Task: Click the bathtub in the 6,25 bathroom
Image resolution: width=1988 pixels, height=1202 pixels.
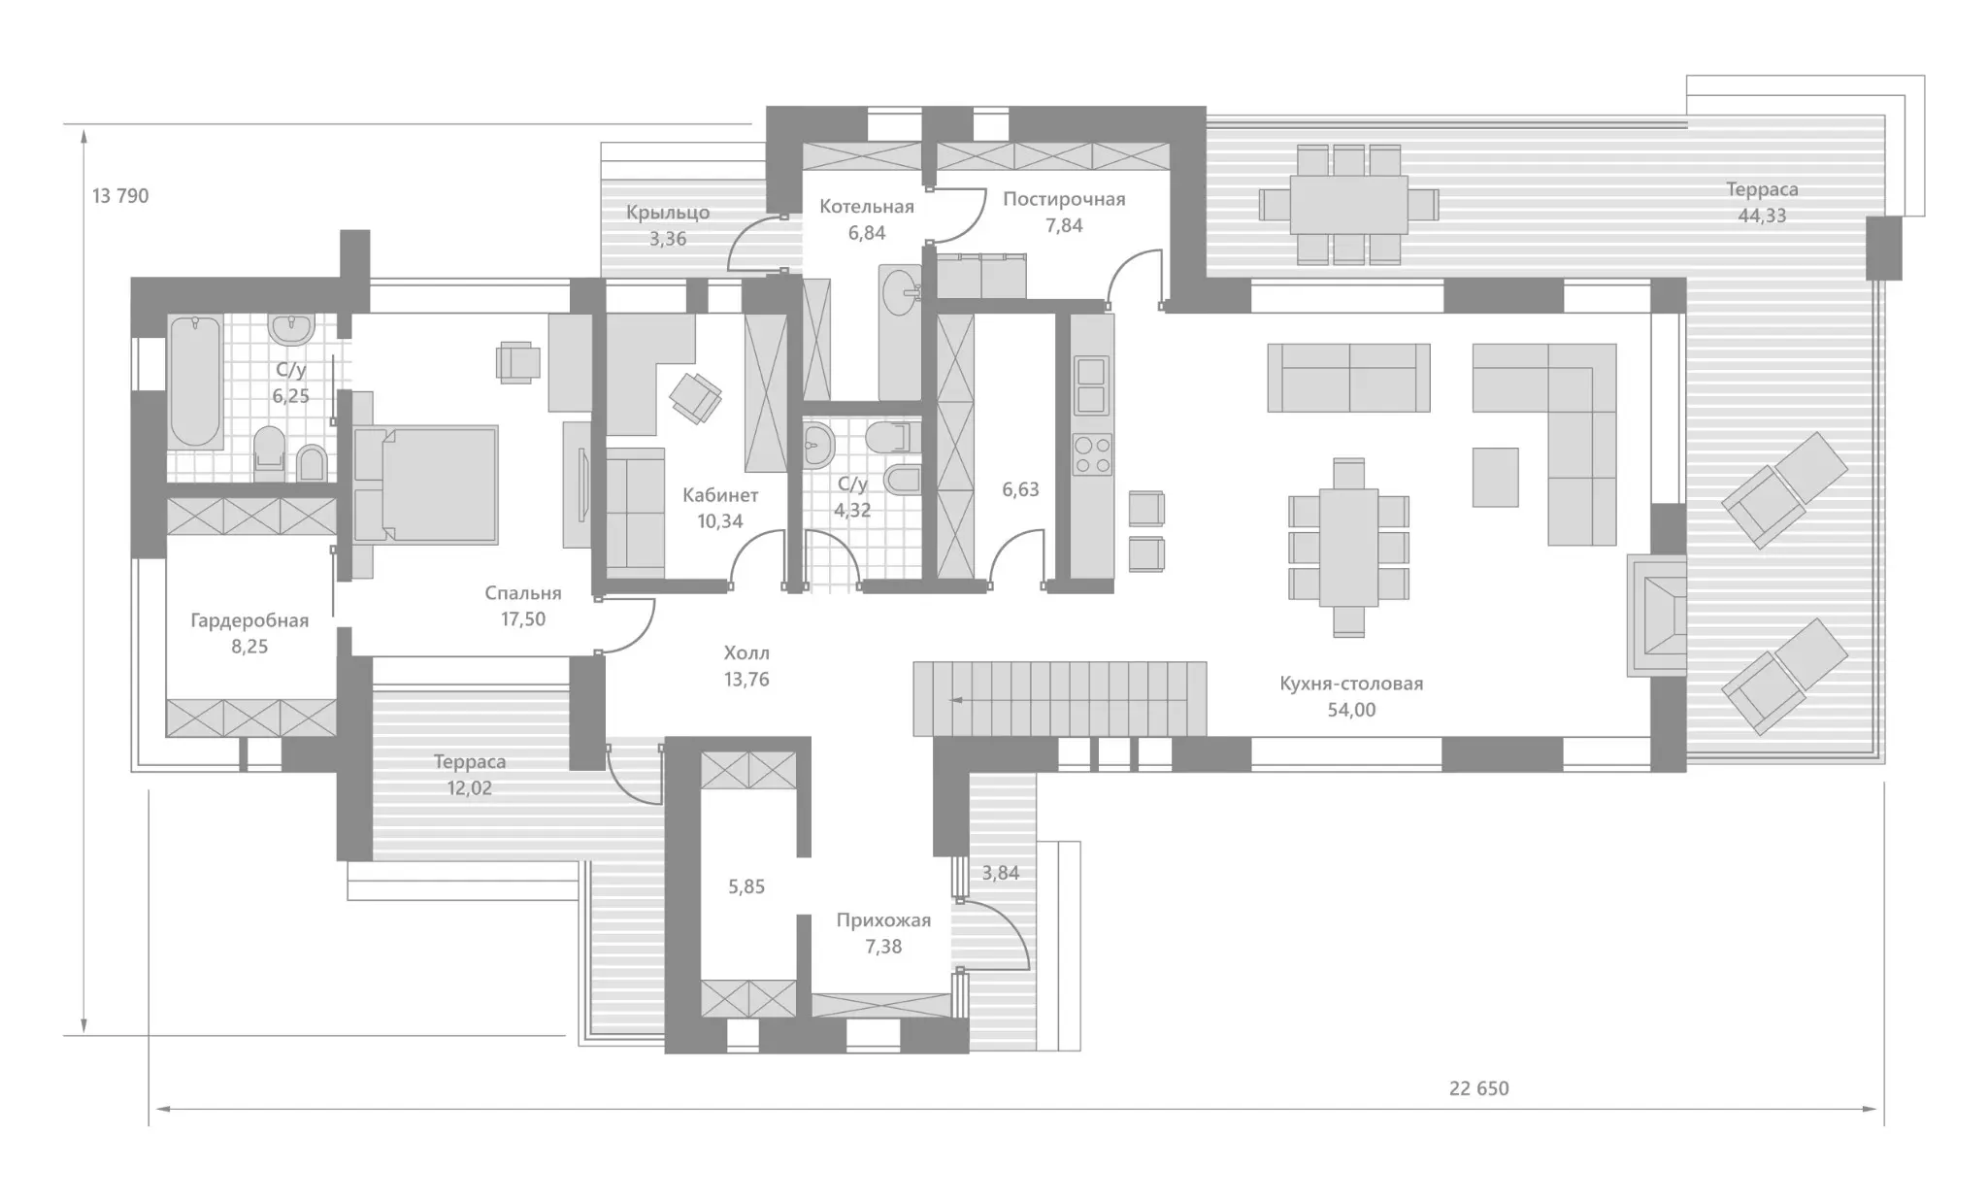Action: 195,381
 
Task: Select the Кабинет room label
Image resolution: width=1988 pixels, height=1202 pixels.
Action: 720,495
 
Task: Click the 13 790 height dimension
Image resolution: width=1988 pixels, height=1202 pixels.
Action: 120,196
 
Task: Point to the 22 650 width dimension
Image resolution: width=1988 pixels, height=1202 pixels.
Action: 1478,1088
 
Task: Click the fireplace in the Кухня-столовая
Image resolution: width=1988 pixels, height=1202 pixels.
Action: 1657,615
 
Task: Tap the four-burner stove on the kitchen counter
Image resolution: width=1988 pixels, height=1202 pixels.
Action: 1092,454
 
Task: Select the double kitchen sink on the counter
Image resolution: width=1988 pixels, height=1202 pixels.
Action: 1092,385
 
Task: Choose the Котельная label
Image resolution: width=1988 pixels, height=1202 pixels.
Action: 867,207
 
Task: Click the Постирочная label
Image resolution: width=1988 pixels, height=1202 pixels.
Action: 1064,200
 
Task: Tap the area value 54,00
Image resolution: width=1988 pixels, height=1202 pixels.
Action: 1351,710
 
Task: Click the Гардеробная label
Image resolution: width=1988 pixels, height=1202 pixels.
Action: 249,621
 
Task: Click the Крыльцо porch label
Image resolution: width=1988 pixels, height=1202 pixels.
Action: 668,213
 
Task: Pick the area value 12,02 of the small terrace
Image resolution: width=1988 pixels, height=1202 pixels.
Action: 470,788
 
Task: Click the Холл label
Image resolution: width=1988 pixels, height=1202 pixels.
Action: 746,653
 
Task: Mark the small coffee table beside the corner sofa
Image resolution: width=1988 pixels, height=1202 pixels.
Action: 1495,477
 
